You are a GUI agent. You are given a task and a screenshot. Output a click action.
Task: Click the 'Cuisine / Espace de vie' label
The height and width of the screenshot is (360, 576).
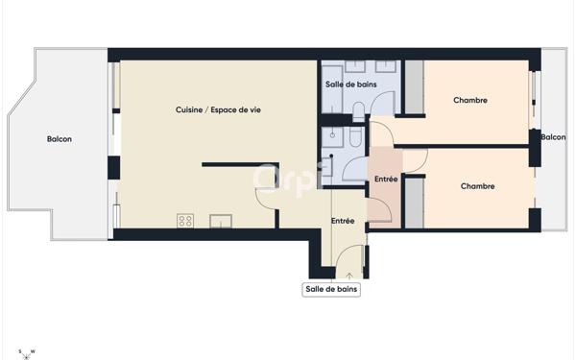coord(218,110)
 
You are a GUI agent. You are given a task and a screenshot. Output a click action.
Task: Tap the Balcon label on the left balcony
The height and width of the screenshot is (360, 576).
coord(60,139)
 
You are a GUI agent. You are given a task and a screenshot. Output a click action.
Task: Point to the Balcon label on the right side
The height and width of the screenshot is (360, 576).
coord(553,137)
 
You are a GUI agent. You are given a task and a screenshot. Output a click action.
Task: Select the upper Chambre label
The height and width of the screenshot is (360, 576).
coord(470,100)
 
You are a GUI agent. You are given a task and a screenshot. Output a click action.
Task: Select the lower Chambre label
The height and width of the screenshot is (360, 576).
coord(477,186)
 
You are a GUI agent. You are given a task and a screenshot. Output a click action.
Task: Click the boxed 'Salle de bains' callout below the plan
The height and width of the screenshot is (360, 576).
coord(332,289)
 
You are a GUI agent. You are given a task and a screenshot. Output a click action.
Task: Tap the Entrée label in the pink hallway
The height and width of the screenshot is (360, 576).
coord(386,180)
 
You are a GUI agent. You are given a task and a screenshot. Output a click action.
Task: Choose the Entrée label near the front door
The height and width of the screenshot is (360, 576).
coord(343,221)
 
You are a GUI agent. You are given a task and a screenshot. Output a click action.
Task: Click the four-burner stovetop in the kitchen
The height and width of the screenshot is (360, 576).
coord(185,221)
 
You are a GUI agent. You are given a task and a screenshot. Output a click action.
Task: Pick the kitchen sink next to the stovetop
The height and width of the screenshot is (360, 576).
coord(221,221)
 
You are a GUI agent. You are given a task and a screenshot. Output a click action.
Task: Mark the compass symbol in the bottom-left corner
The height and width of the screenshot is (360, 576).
coord(28,351)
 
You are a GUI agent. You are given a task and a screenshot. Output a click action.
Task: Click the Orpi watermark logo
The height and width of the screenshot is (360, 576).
coord(288,179)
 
